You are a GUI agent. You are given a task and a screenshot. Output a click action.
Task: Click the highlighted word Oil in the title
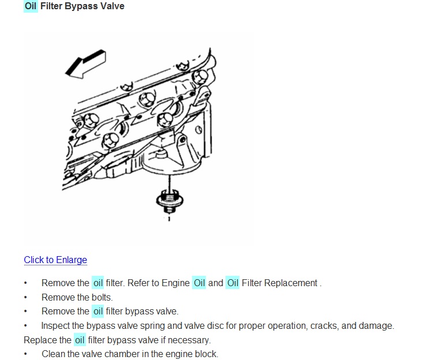[x=31, y=6]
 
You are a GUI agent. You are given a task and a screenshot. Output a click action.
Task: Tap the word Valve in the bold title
[x=112, y=6]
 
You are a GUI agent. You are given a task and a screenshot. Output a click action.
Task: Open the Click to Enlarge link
[x=55, y=260]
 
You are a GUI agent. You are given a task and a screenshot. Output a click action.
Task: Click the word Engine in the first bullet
[x=175, y=283]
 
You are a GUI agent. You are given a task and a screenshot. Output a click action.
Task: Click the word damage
[x=377, y=325]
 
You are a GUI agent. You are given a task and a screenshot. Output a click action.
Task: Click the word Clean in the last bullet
[x=54, y=354]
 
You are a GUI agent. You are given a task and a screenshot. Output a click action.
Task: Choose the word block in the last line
[x=205, y=354]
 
